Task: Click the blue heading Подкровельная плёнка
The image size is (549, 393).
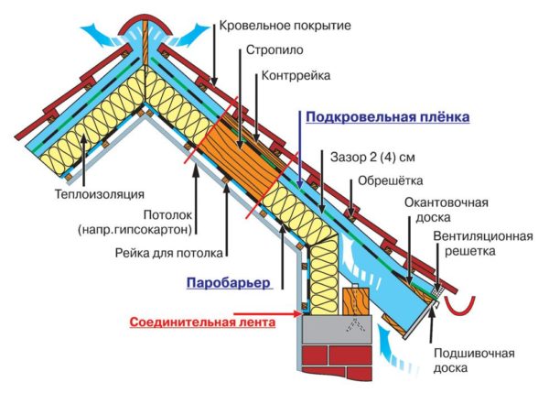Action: pyautogui.click(x=387, y=118)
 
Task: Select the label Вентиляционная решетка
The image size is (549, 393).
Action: pyautogui.click(x=482, y=243)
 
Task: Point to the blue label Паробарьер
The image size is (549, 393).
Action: pyautogui.click(x=229, y=283)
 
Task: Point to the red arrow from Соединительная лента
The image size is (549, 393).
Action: pyautogui.click(x=280, y=316)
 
